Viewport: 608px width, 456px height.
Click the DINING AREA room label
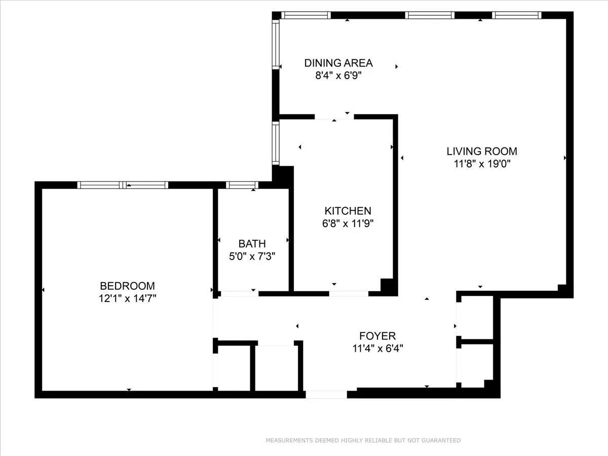point(338,63)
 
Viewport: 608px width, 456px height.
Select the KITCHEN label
point(348,211)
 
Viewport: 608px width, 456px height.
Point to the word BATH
point(252,244)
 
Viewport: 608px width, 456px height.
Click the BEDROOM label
point(127,286)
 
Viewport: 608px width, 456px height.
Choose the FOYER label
point(377,335)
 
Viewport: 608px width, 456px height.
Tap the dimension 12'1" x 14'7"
point(127,298)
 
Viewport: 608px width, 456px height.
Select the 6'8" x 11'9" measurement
point(348,223)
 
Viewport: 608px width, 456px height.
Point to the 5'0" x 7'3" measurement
point(252,256)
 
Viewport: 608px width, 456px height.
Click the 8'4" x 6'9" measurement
point(338,76)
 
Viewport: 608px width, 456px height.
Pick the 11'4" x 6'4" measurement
point(377,348)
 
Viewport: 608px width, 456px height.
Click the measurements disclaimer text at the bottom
point(363,440)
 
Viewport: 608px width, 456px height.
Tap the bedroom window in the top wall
point(122,185)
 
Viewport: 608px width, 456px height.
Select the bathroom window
point(242,185)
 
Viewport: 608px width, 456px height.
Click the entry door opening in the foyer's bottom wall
point(326,394)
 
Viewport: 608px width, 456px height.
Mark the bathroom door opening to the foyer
point(240,293)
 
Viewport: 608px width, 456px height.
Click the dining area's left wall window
point(276,44)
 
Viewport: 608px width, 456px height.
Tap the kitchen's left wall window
point(276,143)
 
